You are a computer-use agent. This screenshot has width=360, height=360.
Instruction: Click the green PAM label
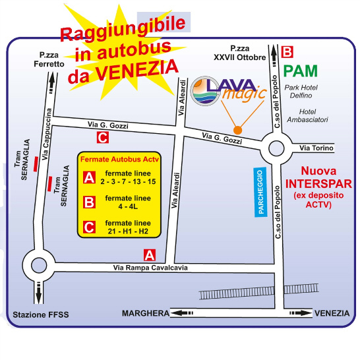click(300, 71)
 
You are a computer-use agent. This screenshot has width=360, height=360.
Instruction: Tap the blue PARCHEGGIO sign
click(260, 192)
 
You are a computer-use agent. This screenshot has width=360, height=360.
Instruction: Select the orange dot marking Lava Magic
click(237, 130)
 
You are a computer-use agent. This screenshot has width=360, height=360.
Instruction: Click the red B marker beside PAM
click(287, 52)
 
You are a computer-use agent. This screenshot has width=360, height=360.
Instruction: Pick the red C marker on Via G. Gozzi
click(103, 138)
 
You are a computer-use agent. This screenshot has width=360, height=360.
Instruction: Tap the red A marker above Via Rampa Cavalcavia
click(150, 255)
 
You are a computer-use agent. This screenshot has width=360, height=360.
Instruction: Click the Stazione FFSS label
click(41, 315)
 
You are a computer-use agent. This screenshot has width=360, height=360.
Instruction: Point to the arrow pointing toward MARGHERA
click(182, 313)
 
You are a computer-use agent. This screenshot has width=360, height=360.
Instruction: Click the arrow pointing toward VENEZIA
click(301, 313)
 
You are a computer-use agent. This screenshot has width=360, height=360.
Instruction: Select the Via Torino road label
click(316, 148)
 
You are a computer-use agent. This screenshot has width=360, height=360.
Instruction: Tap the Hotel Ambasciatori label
click(307, 116)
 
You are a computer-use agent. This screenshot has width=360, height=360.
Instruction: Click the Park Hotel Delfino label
click(301, 92)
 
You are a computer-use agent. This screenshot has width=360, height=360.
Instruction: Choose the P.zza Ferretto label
click(49, 59)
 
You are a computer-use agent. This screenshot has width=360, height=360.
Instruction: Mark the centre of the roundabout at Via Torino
click(276, 148)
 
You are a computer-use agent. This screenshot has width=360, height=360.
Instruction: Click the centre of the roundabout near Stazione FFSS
click(39, 266)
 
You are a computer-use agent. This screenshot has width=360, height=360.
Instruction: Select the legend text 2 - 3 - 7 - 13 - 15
click(128, 181)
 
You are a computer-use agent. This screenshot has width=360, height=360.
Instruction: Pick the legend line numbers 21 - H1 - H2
click(128, 231)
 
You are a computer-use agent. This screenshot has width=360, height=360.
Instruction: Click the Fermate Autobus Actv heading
click(119, 159)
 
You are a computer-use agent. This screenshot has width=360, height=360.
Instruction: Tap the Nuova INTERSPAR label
click(318, 177)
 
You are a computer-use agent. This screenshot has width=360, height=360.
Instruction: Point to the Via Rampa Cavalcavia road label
click(150, 268)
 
